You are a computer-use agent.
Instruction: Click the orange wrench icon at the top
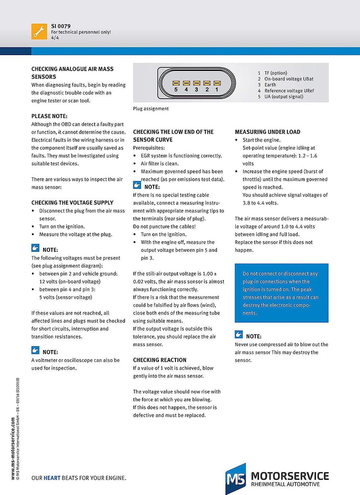(x=39, y=31)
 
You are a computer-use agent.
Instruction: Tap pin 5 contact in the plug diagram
(x=176, y=82)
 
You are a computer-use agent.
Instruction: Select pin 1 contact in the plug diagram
(x=216, y=82)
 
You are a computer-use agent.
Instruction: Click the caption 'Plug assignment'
(x=151, y=109)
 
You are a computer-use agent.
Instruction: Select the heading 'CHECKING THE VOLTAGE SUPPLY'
(x=72, y=203)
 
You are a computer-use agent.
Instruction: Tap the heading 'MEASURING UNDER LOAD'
(x=267, y=132)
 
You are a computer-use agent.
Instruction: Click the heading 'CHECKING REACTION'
(x=159, y=360)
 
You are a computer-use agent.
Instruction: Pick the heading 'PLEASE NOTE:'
(x=50, y=116)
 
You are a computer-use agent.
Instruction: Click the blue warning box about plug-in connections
(x=281, y=293)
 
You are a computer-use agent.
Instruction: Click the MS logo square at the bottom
(x=235, y=479)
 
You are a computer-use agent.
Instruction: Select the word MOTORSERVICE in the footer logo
(x=290, y=476)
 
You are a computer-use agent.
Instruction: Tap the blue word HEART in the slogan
(x=52, y=478)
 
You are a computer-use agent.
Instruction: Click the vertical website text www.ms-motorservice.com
(x=13, y=450)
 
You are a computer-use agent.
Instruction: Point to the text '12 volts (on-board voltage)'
(x=70, y=281)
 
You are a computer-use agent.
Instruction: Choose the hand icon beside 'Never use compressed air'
(x=239, y=335)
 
